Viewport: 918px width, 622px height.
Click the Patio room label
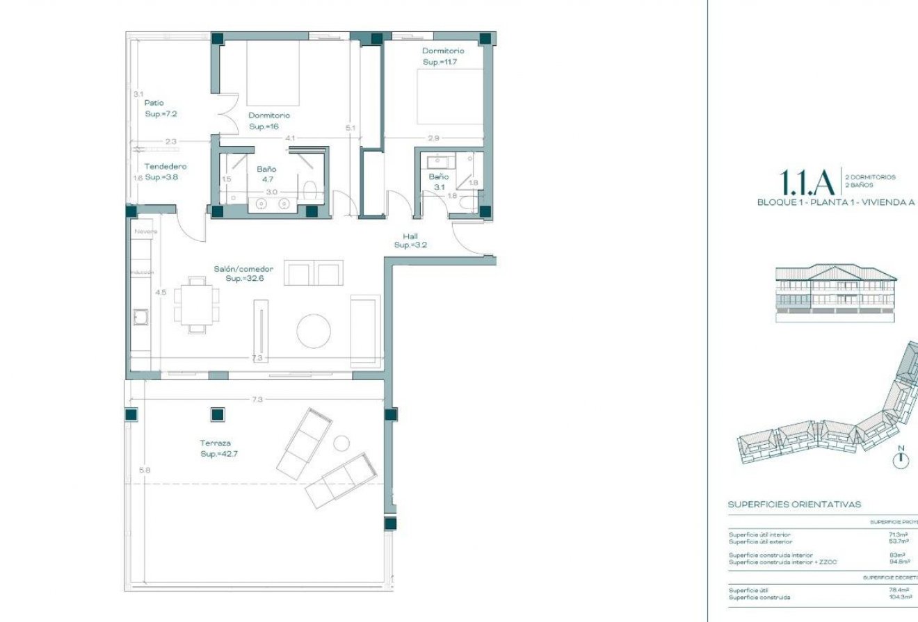[x=154, y=103]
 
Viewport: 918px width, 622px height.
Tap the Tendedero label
[x=166, y=166]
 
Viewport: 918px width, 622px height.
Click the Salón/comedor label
[x=243, y=268]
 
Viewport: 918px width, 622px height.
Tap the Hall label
[x=410, y=236]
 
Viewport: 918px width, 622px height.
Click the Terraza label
[x=215, y=443]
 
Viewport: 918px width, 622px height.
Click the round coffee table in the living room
[x=314, y=332]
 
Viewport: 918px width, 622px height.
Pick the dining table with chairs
[x=197, y=304]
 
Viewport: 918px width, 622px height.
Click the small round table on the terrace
[x=341, y=443]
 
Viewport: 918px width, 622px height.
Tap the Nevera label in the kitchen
[x=146, y=231]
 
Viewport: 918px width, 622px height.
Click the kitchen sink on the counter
[x=140, y=318]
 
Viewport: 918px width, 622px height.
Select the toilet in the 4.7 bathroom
[x=310, y=188]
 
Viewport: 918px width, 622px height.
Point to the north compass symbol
[x=901, y=457]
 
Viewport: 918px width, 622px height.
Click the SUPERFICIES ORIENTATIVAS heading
[x=794, y=505]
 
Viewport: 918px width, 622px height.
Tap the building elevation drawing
[x=836, y=293]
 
